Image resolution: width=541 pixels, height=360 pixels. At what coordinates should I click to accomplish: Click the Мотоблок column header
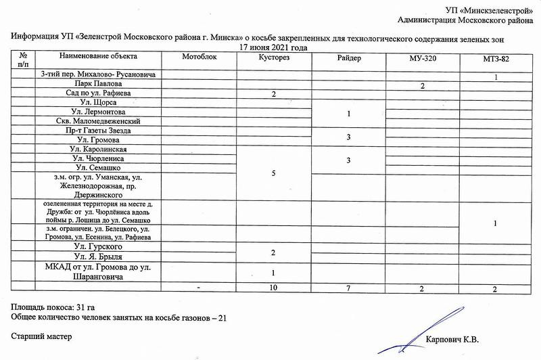point(199,58)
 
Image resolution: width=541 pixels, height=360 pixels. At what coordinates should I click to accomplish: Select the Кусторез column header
point(274,58)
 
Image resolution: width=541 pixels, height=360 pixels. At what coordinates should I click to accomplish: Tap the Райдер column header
point(348,58)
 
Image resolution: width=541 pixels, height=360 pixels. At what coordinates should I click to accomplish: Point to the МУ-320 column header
point(422,59)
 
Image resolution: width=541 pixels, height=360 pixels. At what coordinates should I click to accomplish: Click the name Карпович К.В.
point(454,341)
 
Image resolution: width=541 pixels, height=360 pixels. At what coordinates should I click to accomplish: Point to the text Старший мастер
point(41,336)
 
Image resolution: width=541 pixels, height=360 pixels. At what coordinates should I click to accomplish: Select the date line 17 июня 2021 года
point(274,48)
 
